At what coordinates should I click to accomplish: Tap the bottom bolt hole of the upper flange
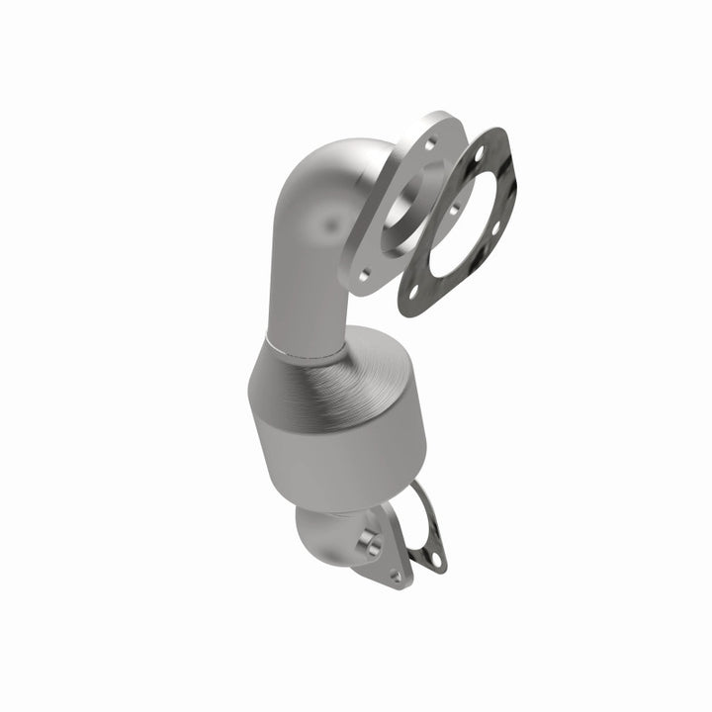tap(363, 276)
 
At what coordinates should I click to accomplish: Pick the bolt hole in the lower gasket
tap(433, 560)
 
